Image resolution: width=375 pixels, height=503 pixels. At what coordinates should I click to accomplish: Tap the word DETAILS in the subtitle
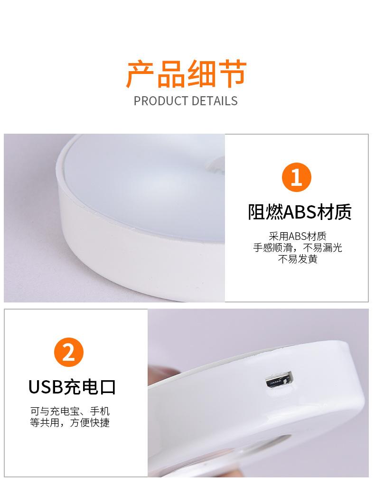tap(214, 101)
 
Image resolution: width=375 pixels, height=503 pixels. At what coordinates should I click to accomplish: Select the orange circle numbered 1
tap(296, 178)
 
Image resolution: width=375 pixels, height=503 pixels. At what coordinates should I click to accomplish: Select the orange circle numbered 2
tap(69, 353)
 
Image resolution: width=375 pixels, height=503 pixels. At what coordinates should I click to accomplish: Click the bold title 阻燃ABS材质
tap(300, 212)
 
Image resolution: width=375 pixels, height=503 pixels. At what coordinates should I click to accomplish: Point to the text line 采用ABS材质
tap(298, 236)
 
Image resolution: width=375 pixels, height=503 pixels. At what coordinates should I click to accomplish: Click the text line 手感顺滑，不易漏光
tap(298, 247)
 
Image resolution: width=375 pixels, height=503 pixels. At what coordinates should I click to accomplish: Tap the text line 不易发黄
tap(298, 259)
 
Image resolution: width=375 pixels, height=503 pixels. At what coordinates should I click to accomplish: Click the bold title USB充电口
tap(72, 387)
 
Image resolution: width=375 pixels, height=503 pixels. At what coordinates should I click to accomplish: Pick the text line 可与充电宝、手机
tap(70, 411)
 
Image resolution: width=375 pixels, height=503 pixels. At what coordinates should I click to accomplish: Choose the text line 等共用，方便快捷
tap(70, 422)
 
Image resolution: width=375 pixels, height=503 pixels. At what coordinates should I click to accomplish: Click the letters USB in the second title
tap(46, 387)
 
